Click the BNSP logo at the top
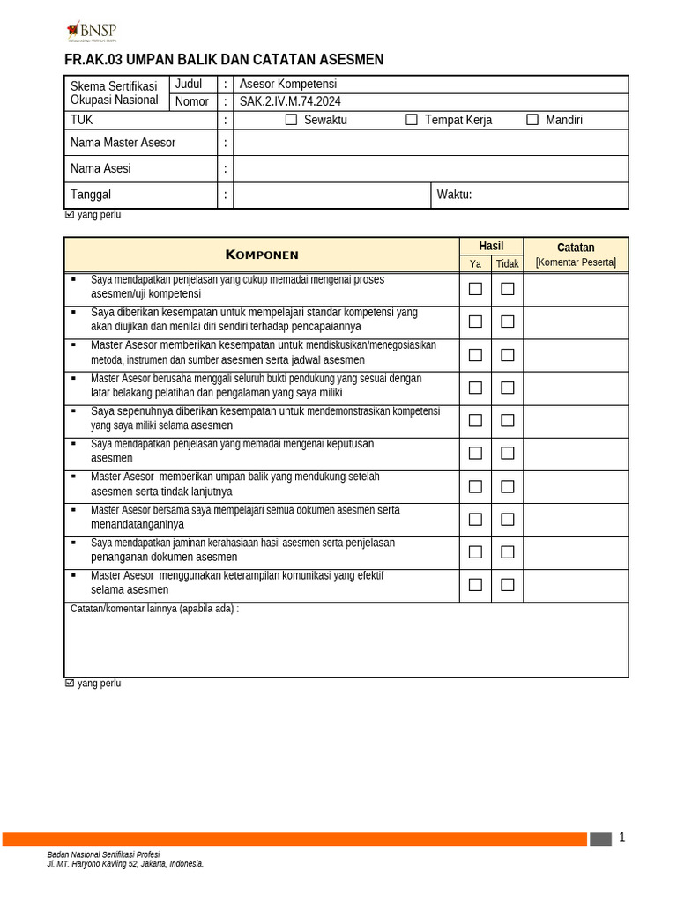[92, 32]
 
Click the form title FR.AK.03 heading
[224, 60]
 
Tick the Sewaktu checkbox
[292, 120]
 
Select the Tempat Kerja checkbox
[412, 120]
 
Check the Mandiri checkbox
[532, 120]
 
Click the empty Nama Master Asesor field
[430, 143]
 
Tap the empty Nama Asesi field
[430, 168]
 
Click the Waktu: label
[455, 195]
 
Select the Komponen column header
[262, 255]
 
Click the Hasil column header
[491, 246]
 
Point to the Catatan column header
[576, 248]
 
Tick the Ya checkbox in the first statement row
[475, 288]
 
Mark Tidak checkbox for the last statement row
[508, 584]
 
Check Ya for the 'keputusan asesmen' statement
[475, 453]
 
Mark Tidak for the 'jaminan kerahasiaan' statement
[508, 551]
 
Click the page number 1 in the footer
[621, 838]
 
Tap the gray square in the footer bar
[600, 839]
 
